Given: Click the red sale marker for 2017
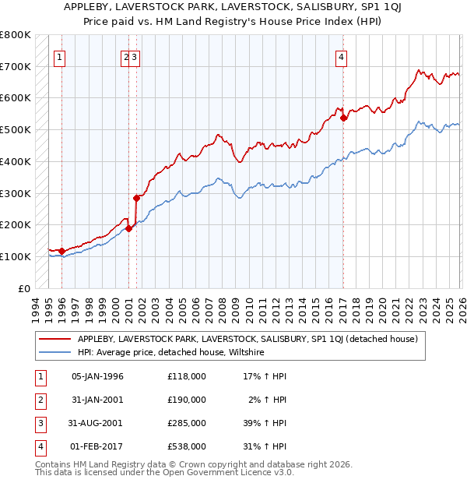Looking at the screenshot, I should click(343, 118).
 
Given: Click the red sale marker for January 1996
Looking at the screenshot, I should click(61, 251).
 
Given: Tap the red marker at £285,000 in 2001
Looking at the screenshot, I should click(137, 198).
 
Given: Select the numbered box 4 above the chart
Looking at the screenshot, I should click(342, 55).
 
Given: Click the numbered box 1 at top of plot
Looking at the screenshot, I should click(60, 55).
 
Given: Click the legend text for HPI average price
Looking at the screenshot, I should click(171, 352).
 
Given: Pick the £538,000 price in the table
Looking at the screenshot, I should click(187, 446).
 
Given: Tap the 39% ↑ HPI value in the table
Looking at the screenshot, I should click(264, 423).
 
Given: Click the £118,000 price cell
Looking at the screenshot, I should click(187, 376).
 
